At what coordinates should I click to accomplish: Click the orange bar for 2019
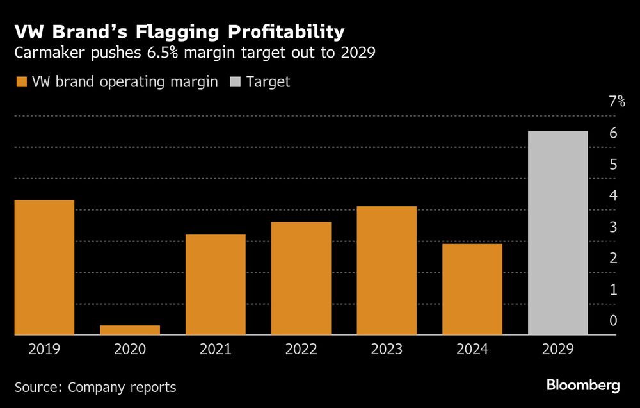coord(44,268)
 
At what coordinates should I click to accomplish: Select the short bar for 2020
coord(130,330)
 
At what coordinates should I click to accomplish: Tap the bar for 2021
coord(216,284)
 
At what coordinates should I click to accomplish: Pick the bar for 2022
coord(301,278)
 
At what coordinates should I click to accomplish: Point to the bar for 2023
coord(387,270)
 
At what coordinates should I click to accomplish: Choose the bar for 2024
coord(472,289)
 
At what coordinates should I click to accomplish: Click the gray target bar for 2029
coord(558,233)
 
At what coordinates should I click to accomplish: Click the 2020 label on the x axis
coord(130,350)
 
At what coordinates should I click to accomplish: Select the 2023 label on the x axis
coord(387,350)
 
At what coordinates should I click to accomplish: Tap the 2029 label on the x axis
coord(558,350)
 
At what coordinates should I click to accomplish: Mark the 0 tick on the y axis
coord(612,321)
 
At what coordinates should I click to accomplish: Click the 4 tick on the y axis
coord(612,195)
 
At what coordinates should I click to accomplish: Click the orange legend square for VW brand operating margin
coord(21,82)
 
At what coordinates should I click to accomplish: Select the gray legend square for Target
coord(236,82)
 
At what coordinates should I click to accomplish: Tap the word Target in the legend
coord(269,82)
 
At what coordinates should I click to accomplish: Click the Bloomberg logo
coord(583,386)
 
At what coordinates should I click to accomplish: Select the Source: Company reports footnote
coord(95,387)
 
